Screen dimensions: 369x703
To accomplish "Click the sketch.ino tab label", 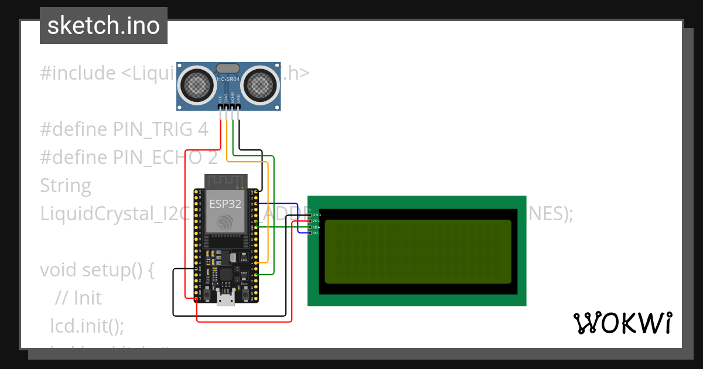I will (x=104, y=26).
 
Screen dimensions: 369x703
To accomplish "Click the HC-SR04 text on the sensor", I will (x=228, y=78).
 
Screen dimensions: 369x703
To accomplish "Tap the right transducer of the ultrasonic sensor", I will (x=260, y=86).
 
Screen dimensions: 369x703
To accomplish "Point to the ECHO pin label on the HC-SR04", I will (x=233, y=98).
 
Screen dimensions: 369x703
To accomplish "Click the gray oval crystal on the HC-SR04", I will (x=228, y=69).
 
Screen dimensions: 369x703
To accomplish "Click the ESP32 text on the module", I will (x=226, y=204).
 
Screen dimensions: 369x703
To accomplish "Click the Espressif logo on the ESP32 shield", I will (x=226, y=223).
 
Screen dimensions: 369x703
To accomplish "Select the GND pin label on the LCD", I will (x=315, y=216).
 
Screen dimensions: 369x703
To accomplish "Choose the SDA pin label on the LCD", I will (x=315, y=227).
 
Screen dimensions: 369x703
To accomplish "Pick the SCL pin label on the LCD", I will (x=315, y=233).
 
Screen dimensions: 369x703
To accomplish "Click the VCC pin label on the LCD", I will (x=315, y=221).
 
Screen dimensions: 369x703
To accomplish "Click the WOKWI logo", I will (x=622, y=323).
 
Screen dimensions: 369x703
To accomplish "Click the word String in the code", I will (x=66, y=186).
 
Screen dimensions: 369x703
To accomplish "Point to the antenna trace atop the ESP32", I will (x=226, y=180).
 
